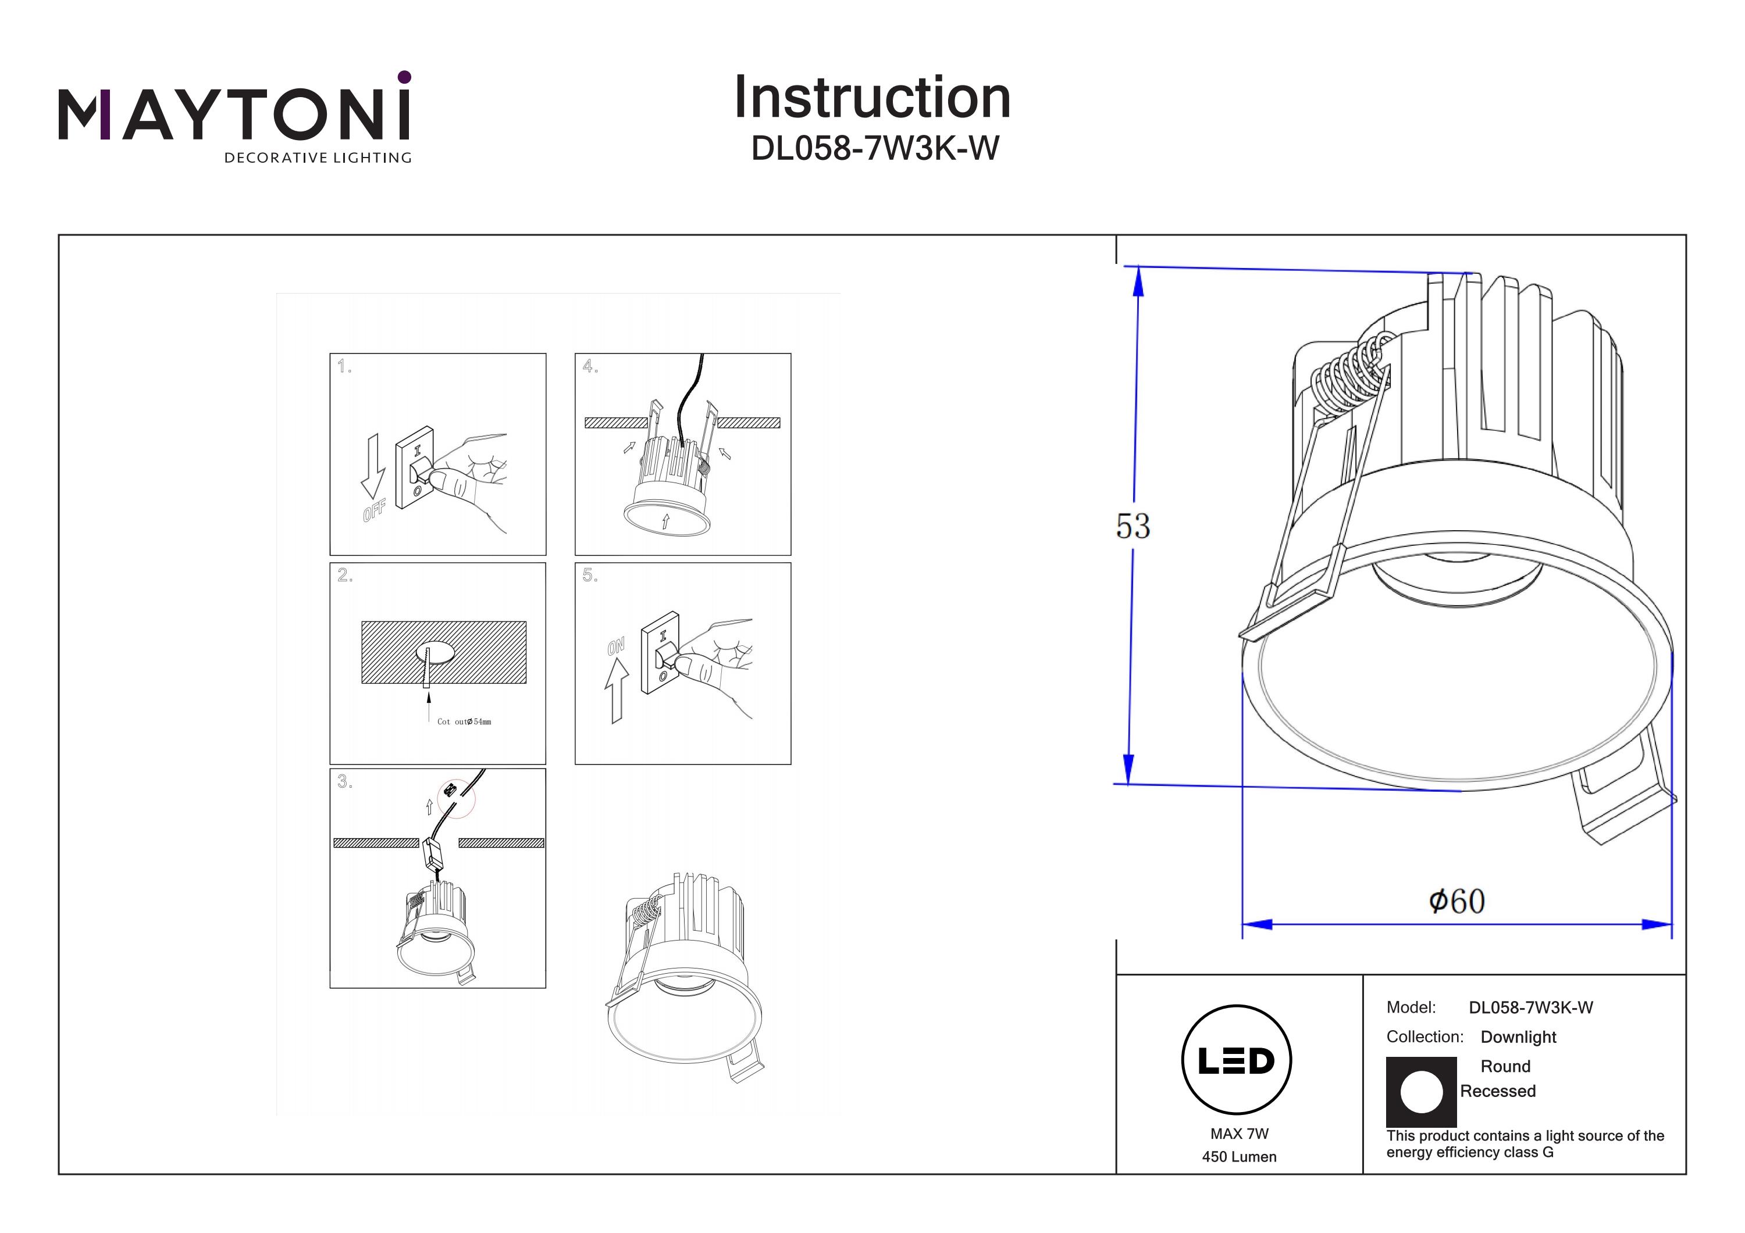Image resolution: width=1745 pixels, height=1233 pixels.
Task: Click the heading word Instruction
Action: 872,98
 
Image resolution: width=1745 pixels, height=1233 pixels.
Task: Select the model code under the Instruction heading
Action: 875,149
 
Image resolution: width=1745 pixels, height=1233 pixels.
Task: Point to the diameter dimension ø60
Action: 1456,902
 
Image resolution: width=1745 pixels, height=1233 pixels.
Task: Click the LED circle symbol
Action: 1237,1060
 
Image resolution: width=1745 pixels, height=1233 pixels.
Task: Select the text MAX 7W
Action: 1240,1134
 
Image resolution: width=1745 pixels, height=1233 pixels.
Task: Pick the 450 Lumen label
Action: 1239,1157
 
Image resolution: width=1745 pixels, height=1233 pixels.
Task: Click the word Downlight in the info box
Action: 1518,1037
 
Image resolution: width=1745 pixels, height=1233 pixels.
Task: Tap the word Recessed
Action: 1497,1091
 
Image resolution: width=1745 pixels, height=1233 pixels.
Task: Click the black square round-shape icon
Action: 1421,1092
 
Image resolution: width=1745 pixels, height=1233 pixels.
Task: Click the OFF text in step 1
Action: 375,510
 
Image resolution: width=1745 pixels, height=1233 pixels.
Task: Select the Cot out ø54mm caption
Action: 464,721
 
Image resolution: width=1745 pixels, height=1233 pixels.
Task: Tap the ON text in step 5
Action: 615,646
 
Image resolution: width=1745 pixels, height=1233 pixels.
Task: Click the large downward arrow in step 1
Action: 372,465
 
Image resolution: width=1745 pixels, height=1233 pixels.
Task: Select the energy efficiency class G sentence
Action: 1525,1144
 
